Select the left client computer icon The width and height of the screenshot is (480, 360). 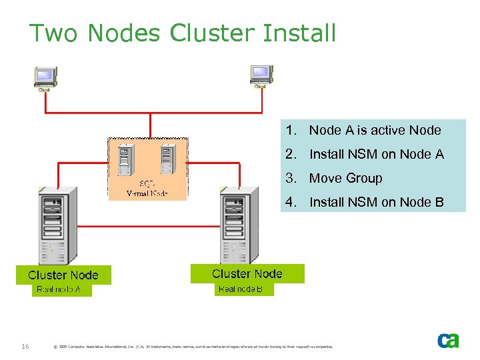click(x=46, y=77)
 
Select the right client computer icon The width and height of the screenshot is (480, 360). click(x=260, y=76)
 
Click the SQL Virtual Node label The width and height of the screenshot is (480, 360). click(x=147, y=189)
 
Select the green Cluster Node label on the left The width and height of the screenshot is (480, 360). click(x=63, y=275)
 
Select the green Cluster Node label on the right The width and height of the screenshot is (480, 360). click(x=247, y=273)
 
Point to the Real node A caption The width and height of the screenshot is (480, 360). click(x=59, y=289)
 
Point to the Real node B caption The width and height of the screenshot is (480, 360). click(x=245, y=289)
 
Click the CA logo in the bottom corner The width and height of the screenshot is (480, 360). click(x=448, y=341)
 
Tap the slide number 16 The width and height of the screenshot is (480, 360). click(x=25, y=346)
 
